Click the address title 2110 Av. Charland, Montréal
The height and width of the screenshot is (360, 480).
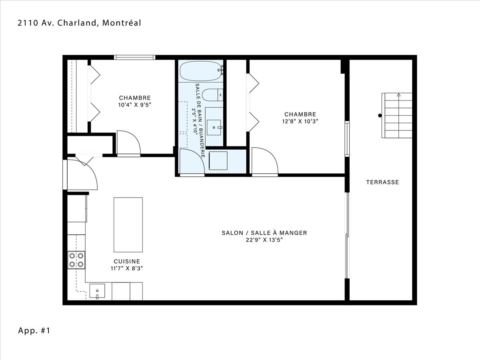pos(79,23)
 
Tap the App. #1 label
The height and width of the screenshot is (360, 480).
pos(34,330)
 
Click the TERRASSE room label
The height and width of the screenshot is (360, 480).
pos(382,182)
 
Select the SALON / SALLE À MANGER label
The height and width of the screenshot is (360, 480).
pos(264,233)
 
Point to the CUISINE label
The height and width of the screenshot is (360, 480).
pos(127,261)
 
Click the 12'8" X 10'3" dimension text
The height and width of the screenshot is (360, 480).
pos(300,121)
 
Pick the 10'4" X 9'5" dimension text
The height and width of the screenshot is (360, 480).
pos(135,105)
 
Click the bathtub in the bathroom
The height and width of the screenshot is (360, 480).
pos(200,71)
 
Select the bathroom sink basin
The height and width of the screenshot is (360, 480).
pos(214,128)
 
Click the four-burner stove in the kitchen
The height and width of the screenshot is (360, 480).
pos(76,260)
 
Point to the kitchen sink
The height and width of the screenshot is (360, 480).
pos(97,291)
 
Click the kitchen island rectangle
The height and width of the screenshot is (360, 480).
pos(128,225)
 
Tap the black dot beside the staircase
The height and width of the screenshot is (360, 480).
pos(380,116)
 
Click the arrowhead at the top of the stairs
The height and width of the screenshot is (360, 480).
pos(399,95)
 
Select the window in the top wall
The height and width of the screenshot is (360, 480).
pos(134,58)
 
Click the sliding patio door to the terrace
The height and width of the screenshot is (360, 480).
pos(347,236)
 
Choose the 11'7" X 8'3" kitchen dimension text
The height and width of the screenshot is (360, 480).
pos(127,268)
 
